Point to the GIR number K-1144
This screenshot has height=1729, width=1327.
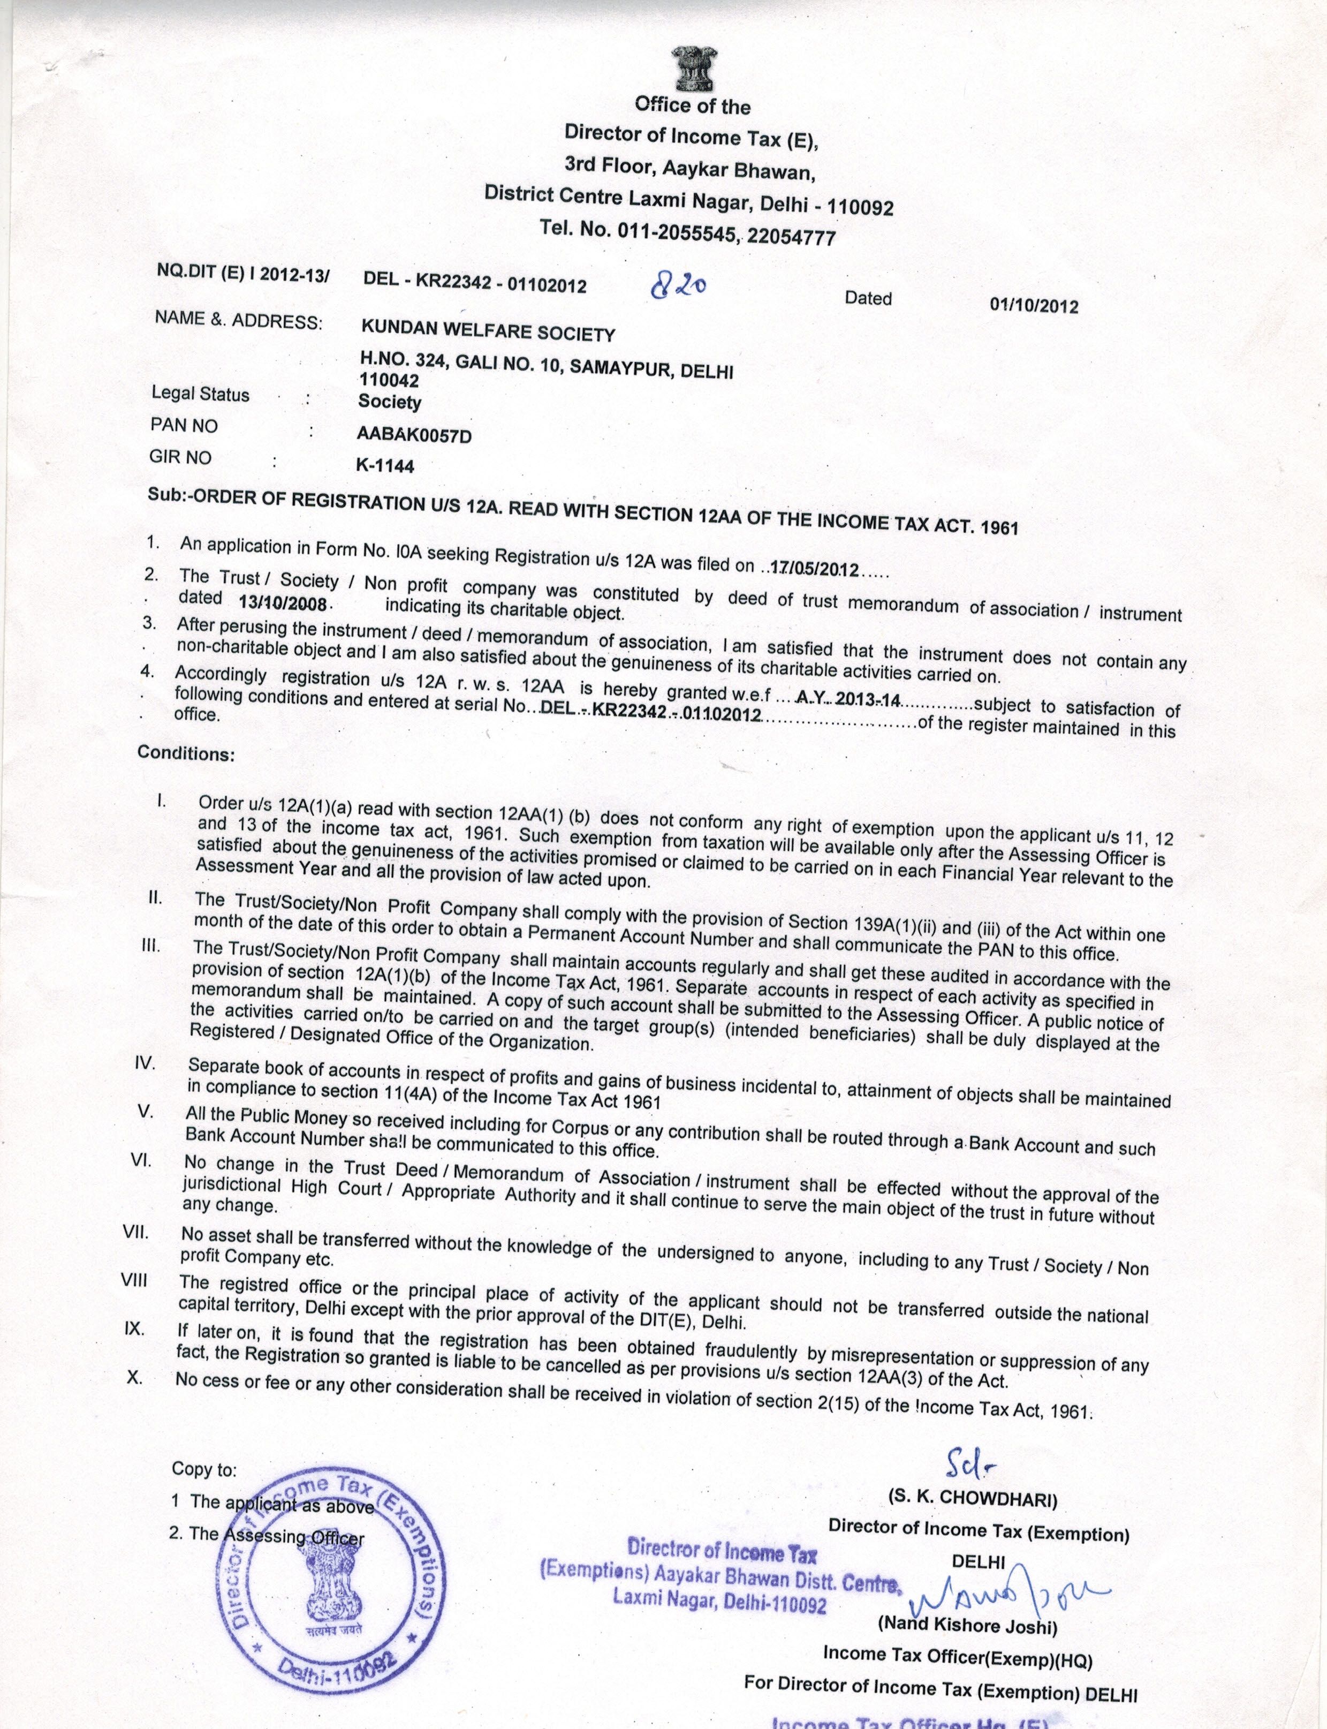tap(385, 465)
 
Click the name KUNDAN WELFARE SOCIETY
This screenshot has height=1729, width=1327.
tap(487, 333)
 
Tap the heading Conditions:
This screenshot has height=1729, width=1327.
tap(186, 752)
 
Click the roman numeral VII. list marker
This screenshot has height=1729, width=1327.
tap(136, 1232)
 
